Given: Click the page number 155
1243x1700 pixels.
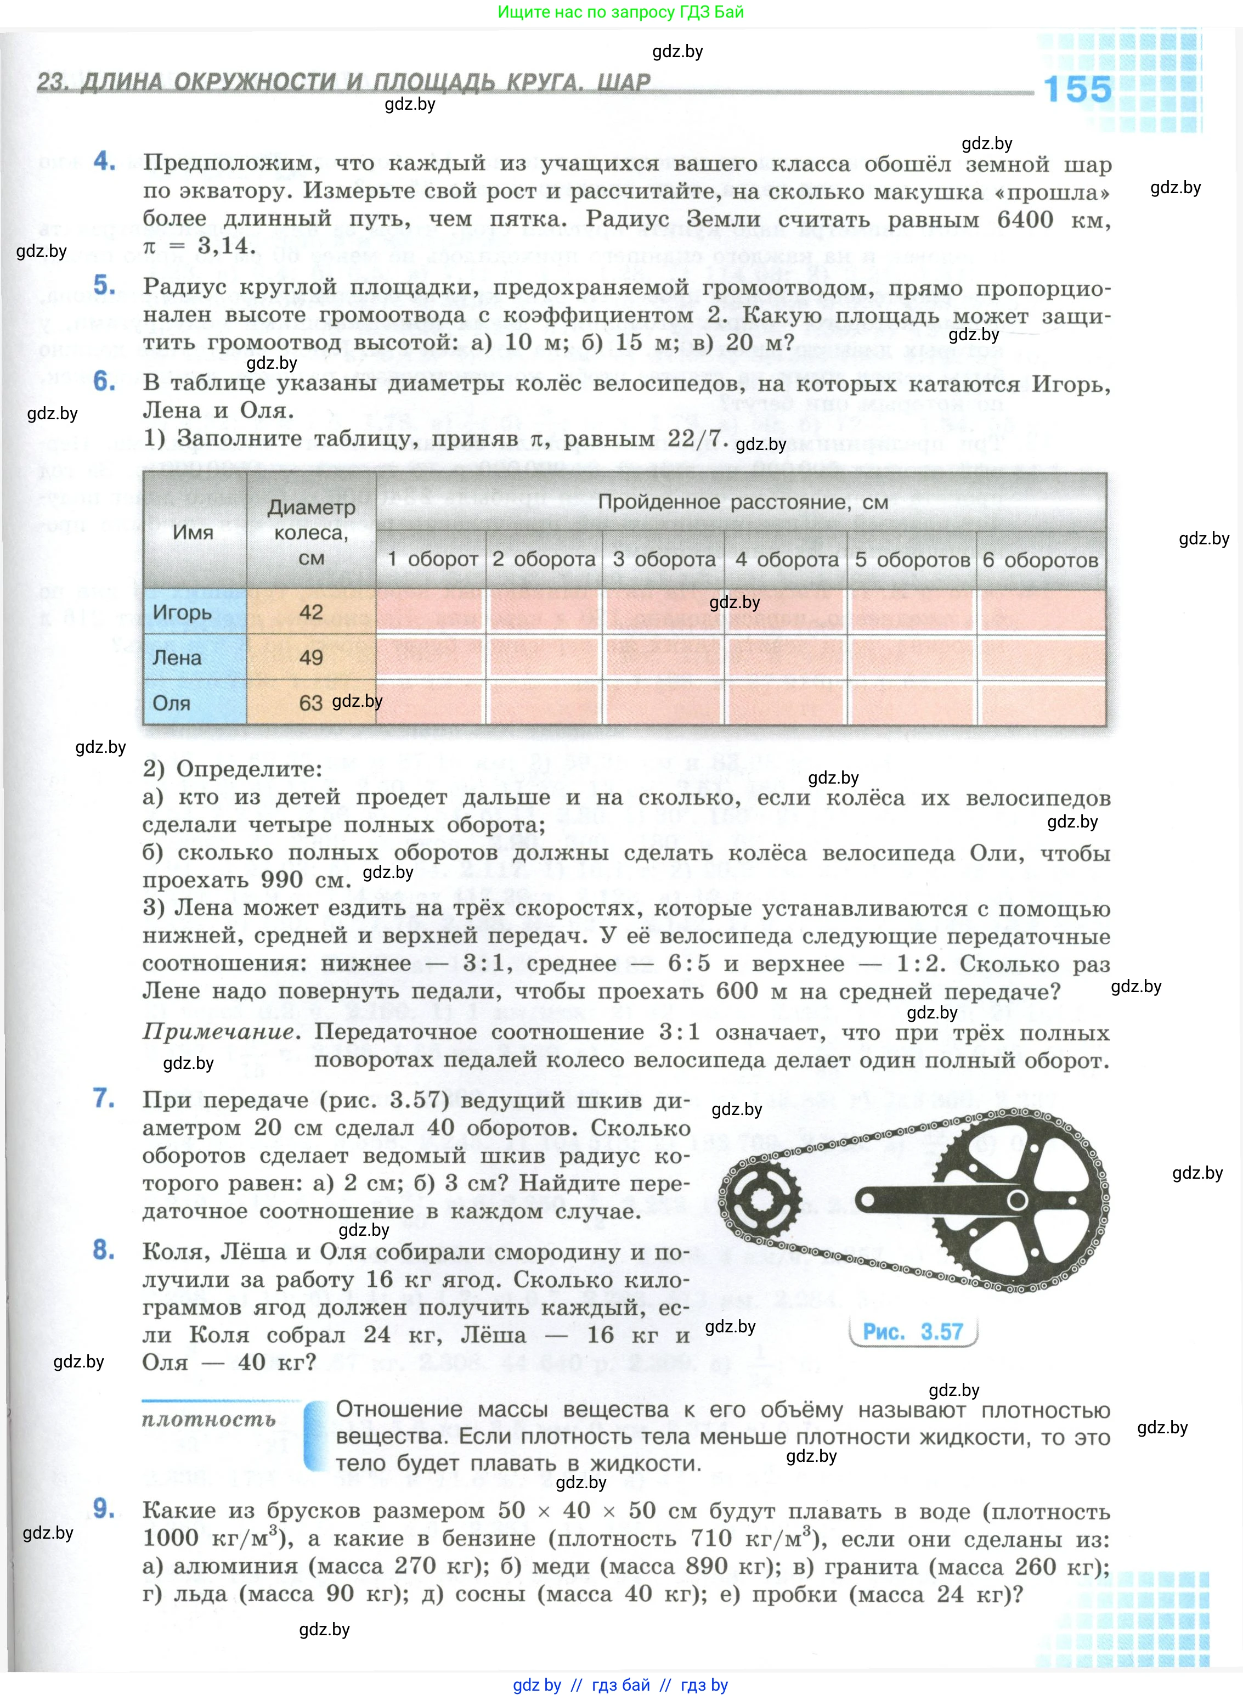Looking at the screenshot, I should pyautogui.click(x=1077, y=89).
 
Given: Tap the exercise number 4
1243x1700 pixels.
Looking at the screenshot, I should pyautogui.click(x=105, y=160).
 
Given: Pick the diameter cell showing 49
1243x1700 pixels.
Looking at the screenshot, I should pyautogui.click(x=310, y=657).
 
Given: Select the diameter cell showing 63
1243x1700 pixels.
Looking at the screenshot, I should pyautogui.click(x=310, y=703).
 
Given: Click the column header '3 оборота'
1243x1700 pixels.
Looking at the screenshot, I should pyautogui.click(x=664, y=560).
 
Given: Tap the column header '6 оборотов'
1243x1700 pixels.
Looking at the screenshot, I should pyautogui.click(x=1041, y=560).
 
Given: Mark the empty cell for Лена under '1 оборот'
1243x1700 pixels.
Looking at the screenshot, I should pyautogui.click(x=431, y=657).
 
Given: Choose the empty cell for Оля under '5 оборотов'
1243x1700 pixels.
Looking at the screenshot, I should pyautogui.click(x=911, y=703).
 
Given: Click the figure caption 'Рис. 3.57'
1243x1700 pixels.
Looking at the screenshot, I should pyautogui.click(x=913, y=1331).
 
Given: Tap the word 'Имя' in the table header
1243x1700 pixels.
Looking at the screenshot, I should pyautogui.click(x=194, y=532).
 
